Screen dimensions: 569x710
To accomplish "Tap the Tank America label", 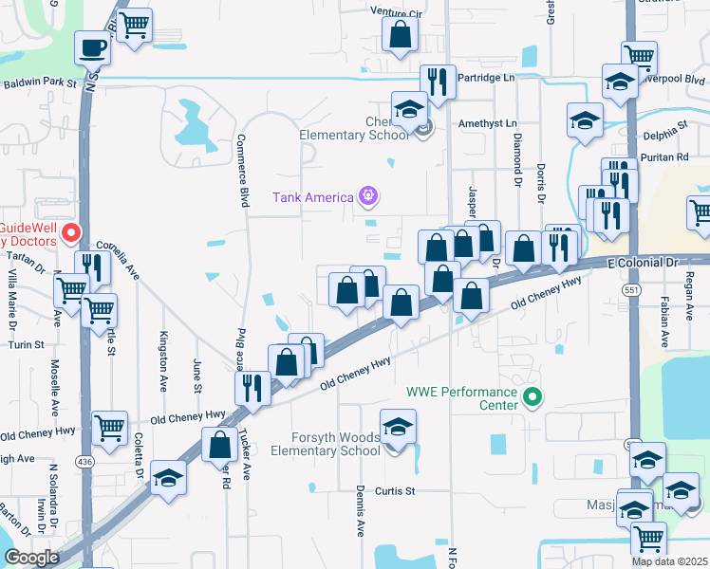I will click(312, 198).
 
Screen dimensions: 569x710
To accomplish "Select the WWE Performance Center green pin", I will click(532, 397).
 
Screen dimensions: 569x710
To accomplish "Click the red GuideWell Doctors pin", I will click(69, 232).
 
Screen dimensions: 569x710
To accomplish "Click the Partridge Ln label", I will click(486, 77).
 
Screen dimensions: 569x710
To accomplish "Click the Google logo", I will click(31, 558).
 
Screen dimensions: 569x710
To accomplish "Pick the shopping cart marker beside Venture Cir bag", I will click(135, 26).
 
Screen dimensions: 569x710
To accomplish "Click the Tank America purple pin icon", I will click(368, 197).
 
